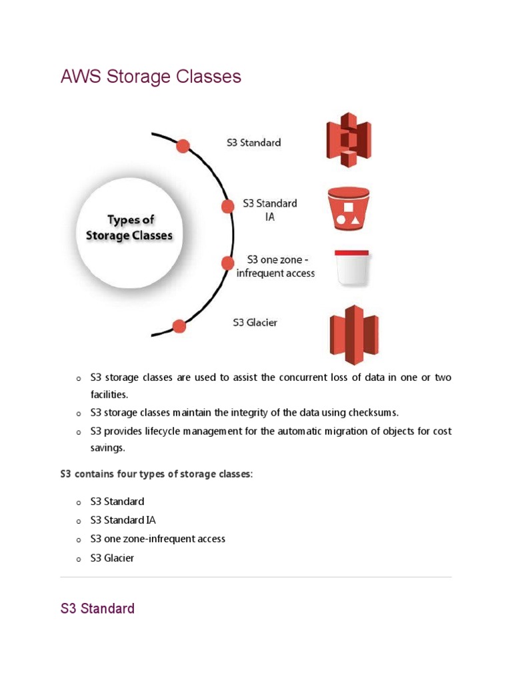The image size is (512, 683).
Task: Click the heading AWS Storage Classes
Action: pos(151,77)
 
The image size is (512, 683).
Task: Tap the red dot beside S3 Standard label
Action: pos(182,146)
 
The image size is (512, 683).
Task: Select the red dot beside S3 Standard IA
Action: pos(227,206)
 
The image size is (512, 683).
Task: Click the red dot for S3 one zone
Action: pos(228,263)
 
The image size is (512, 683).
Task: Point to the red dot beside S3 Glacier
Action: pos(179,326)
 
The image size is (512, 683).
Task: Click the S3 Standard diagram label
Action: pos(254,142)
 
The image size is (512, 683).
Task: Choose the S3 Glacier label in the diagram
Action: pos(255,323)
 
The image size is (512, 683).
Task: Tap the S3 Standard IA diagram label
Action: pos(269,209)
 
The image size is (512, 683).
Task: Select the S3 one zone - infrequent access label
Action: pos(276,266)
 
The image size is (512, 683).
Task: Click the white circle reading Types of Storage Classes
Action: pos(129,228)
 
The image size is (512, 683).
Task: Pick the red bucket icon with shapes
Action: pos(348,206)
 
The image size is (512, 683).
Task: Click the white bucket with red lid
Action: pos(352,267)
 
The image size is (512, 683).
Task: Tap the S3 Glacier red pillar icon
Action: pos(354,333)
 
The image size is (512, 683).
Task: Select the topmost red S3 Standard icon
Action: pos(348,139)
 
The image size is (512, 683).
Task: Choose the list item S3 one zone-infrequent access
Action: pos(158,538)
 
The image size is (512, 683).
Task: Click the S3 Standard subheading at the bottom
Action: pos(97,608)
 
